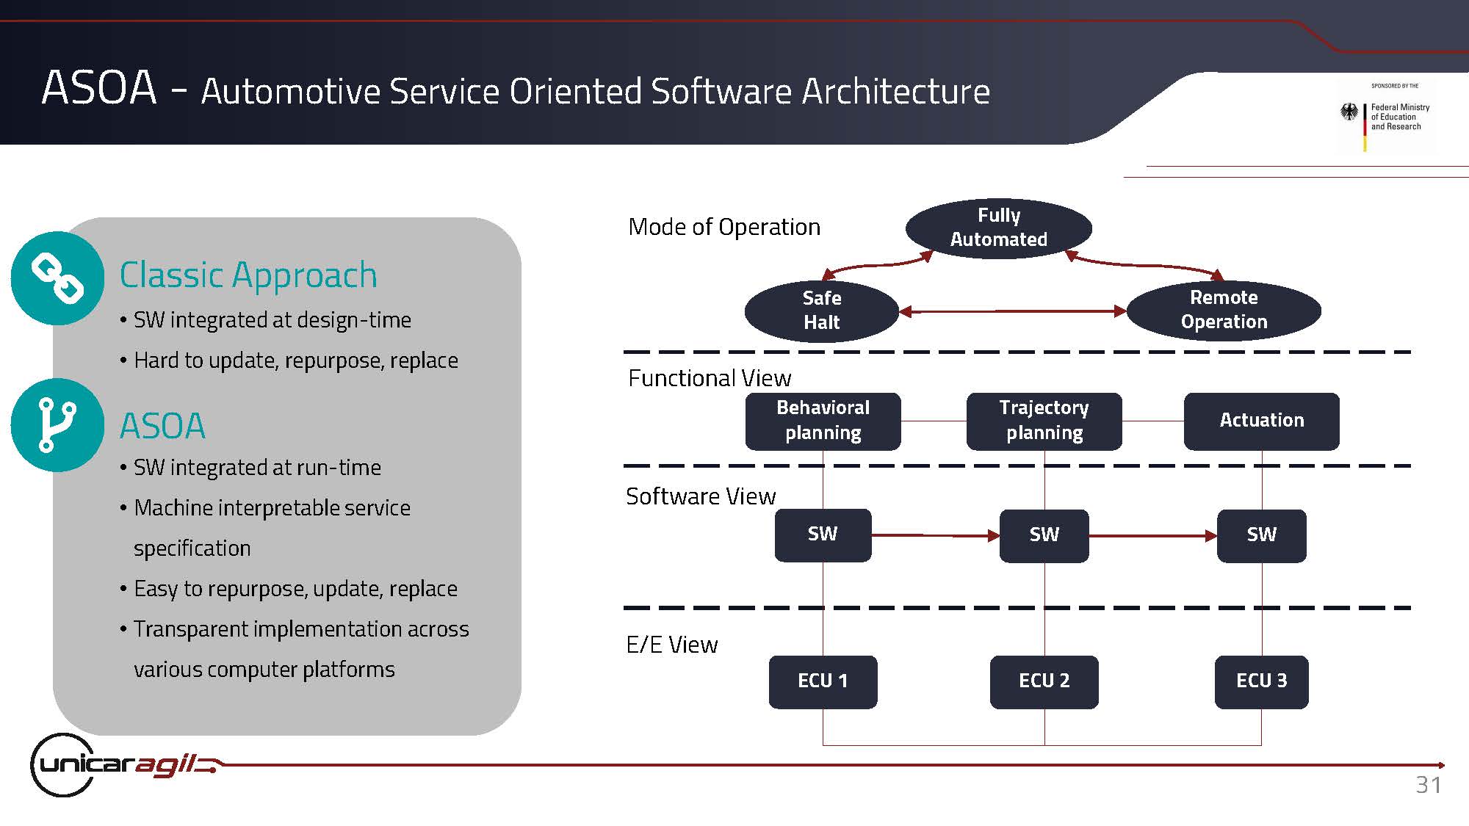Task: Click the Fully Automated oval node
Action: [999, 228]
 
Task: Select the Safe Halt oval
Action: [822, 311]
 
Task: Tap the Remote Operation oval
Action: [1224, 310]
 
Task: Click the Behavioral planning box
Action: [823, 421]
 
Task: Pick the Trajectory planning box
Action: [1044, 421]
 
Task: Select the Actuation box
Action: [1261, 421]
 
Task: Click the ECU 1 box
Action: [823, 681]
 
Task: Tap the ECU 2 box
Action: [1044, 681]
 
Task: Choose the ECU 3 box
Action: [1261, 681]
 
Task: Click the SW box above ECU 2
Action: [1044, 535]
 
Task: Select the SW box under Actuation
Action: [1261, 535]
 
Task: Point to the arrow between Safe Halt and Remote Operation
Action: [1013, 311]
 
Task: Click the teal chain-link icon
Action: [57, 278]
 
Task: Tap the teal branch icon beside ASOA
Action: [57, 425]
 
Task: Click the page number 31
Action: [1429, 785]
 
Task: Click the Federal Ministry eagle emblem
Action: [1349, 112]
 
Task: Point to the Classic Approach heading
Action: [248, 275]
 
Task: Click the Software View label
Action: [701, 496]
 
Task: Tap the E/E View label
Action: [672, 645]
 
